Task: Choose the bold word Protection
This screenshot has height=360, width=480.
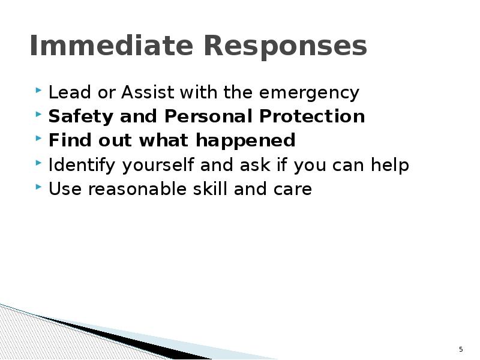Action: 312,116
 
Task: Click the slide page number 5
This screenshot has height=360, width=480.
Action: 461,349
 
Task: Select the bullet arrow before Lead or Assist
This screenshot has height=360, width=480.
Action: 39,92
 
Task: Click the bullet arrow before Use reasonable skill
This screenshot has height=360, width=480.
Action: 39,188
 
